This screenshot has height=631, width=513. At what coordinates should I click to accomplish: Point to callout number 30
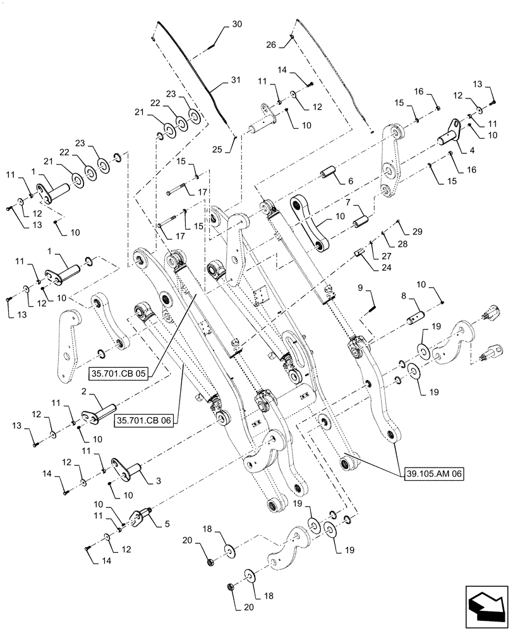[236, 25]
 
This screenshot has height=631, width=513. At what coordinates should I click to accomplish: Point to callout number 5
[167, 522]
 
